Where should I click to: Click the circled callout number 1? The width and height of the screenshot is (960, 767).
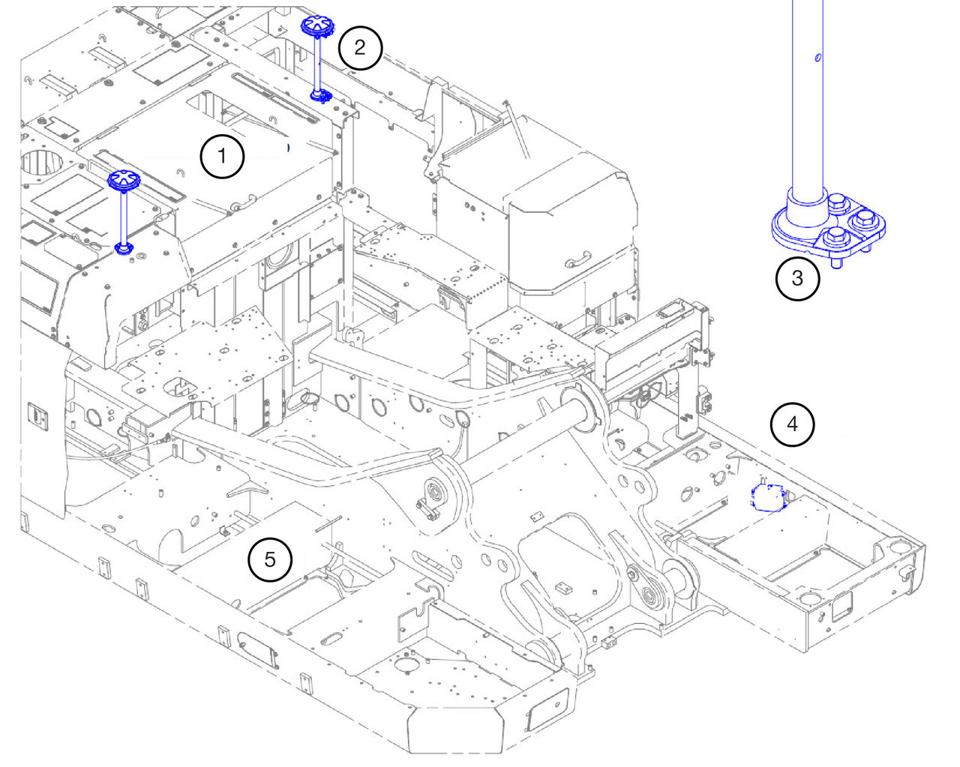tap(221, 157)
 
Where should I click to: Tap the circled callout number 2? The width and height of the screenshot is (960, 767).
tap(360, 47)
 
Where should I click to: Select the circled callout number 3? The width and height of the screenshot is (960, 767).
tap(796, 278)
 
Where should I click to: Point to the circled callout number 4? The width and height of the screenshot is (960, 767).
tap(792, 424)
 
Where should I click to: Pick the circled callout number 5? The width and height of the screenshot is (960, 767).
tap(270, 559)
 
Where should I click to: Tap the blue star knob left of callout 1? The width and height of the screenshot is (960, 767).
tap(123, 179)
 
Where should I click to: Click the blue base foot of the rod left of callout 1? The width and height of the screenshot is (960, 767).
tap(124, 247)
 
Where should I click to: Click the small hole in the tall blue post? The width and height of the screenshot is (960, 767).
tap(817, 56)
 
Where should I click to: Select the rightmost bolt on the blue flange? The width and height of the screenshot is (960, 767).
tap(865, 220)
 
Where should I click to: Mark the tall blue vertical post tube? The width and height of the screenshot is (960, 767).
tap(808, 97)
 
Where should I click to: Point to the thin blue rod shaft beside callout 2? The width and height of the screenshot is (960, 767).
tap(318, 64)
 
